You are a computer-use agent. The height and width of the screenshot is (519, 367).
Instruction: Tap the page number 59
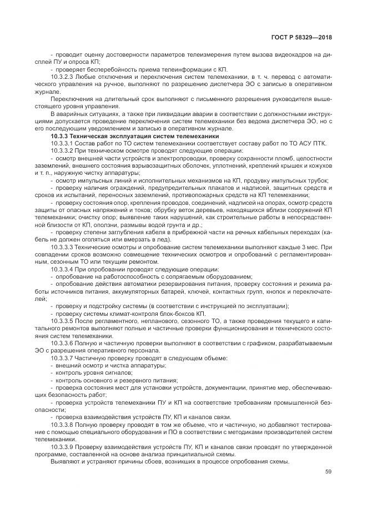coord(328,472)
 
